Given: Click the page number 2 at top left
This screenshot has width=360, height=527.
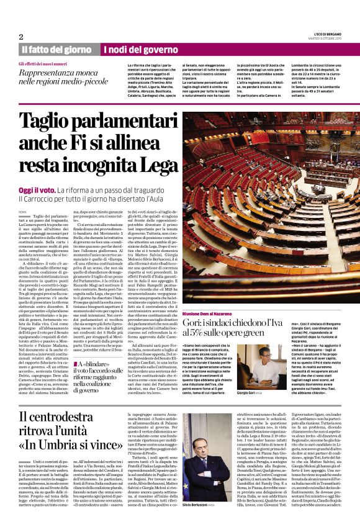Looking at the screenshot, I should pyautogui.click(x=20, y=37).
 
